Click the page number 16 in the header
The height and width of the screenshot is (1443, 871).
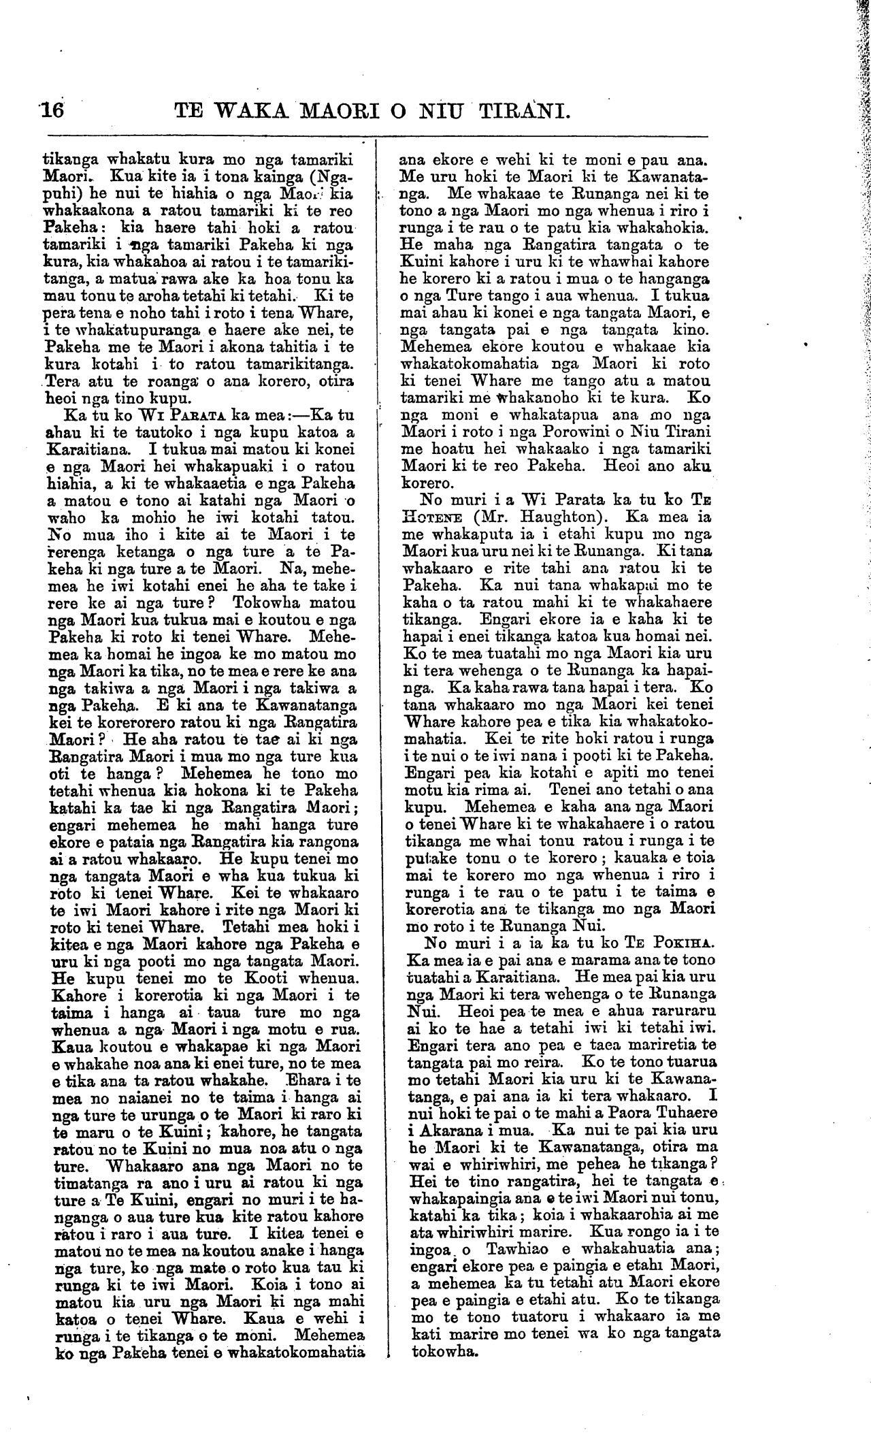coord(51,109)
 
